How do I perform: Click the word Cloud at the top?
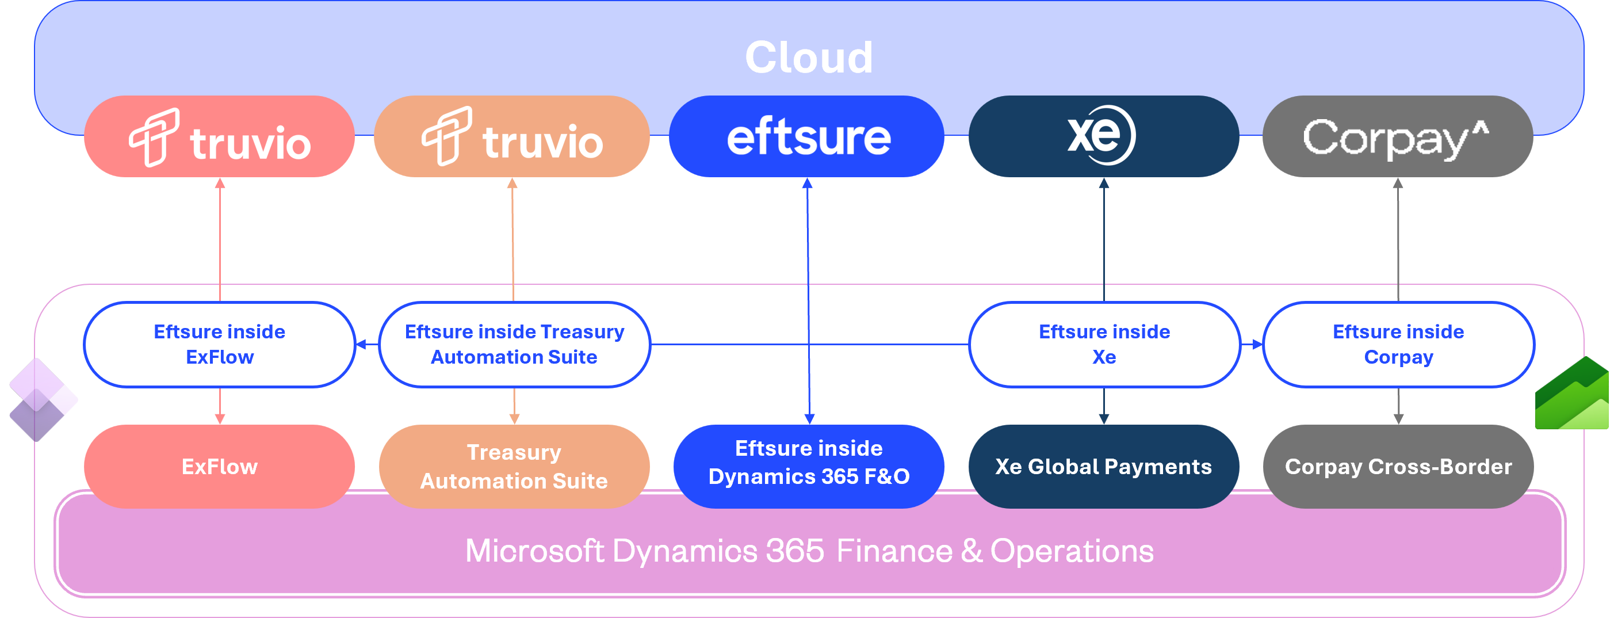808,58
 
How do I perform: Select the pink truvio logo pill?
219,136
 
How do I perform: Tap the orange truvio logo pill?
512,136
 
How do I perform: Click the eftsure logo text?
808,138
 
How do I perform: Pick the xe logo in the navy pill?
1102,135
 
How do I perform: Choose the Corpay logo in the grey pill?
1384,138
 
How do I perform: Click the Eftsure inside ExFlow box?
219,344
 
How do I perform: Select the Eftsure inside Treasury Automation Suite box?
514,344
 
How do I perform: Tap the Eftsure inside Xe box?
1104,344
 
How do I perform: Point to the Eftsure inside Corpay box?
1398,344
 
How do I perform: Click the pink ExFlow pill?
219,467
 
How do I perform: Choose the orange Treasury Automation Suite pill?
514,467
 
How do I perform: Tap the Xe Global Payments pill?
1103,467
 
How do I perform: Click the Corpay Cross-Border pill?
1398,467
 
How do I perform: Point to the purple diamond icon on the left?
43,400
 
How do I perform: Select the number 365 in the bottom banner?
794,552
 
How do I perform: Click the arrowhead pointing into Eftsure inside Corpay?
1257,344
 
